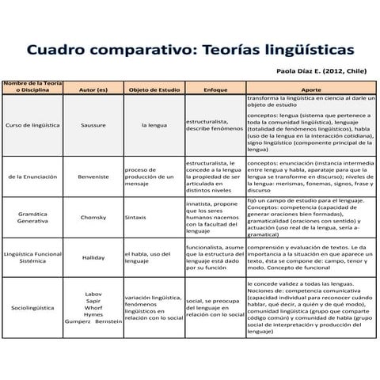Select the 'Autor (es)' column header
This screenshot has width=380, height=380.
tap(93, 90)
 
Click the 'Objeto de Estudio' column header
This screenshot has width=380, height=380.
tap(154, 90)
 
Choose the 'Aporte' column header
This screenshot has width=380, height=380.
tap(312, 90)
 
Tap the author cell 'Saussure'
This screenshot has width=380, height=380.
tap(93, 125)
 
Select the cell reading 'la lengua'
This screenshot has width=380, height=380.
tap(154, 125)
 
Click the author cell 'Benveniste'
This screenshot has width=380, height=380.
tap(93, 179)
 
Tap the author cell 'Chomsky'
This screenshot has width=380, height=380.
tap(93, 216)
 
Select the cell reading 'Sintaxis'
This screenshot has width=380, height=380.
tap(135, 216)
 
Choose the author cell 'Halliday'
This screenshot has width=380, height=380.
tap(93, 257)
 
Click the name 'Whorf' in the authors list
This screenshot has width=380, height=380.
tap(93, 308)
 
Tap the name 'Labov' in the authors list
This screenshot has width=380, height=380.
tap(93, 294)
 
